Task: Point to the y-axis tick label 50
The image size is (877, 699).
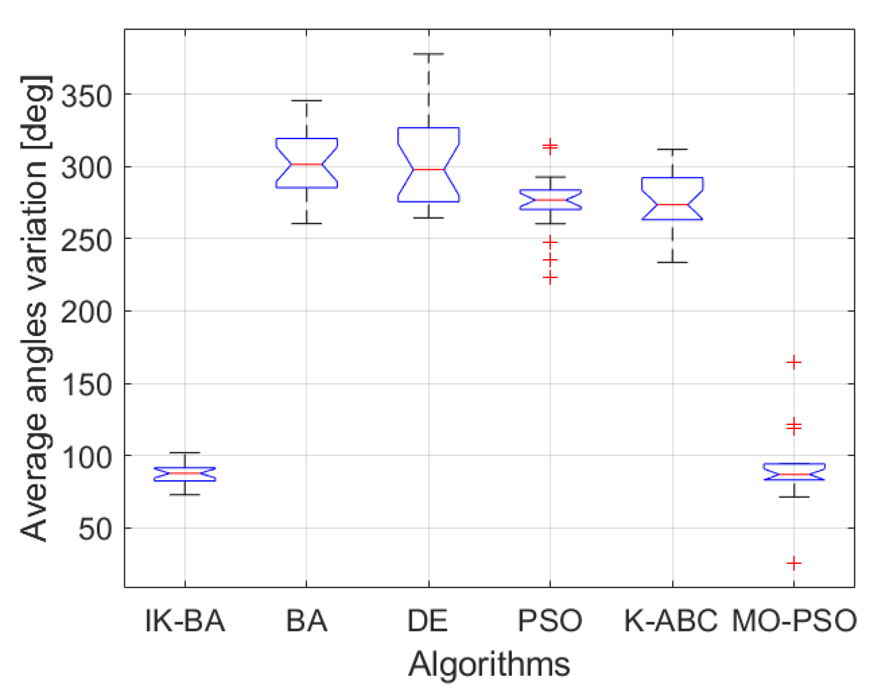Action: tap(95, 530)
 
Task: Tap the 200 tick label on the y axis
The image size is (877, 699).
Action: tap(86, 313)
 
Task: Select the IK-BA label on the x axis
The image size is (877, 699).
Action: tap(185, 621)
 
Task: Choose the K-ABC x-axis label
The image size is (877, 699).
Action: tap(671, 621)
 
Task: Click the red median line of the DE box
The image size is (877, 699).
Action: tap(428, 169)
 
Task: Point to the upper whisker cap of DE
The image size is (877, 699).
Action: tap(428, 54)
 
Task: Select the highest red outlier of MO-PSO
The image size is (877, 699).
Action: tap(794, 362)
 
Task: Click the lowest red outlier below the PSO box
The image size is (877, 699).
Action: tap(550, 278)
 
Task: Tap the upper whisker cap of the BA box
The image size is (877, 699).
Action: tap(306, 100)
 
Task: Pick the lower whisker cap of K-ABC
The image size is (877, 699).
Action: tap(672, 262)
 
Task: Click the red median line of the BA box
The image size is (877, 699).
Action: tap(306, 164)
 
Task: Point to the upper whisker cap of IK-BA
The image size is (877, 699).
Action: tap(185, 453)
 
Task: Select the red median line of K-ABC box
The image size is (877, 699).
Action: tap(672, 205)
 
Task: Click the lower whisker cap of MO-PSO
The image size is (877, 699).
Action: tap(794, 497)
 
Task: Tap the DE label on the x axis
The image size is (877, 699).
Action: tap(428, 621)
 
